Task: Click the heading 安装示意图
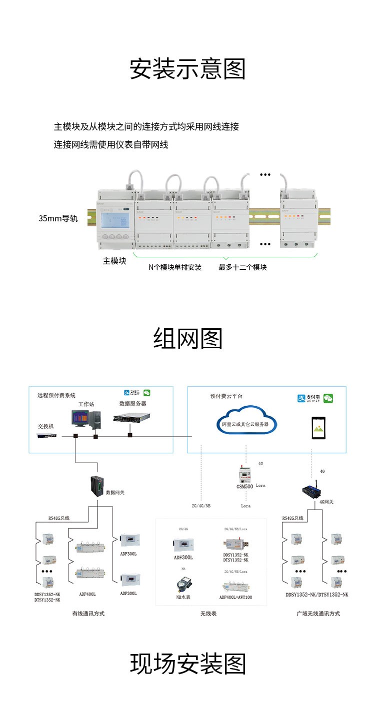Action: coord(187,69)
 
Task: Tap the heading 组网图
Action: coord(187,339)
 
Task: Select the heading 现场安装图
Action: coord(187,664)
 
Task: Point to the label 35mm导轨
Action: coord(58,218)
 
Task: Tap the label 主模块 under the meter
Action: coord(114,261)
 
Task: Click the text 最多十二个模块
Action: coord(242,267)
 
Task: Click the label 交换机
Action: coord(46,426)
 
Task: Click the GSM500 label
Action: coord(245,486)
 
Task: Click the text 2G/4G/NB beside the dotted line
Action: coord(200,506)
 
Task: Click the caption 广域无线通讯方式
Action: coord(318,613)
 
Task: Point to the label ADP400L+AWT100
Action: coord(235,597)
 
